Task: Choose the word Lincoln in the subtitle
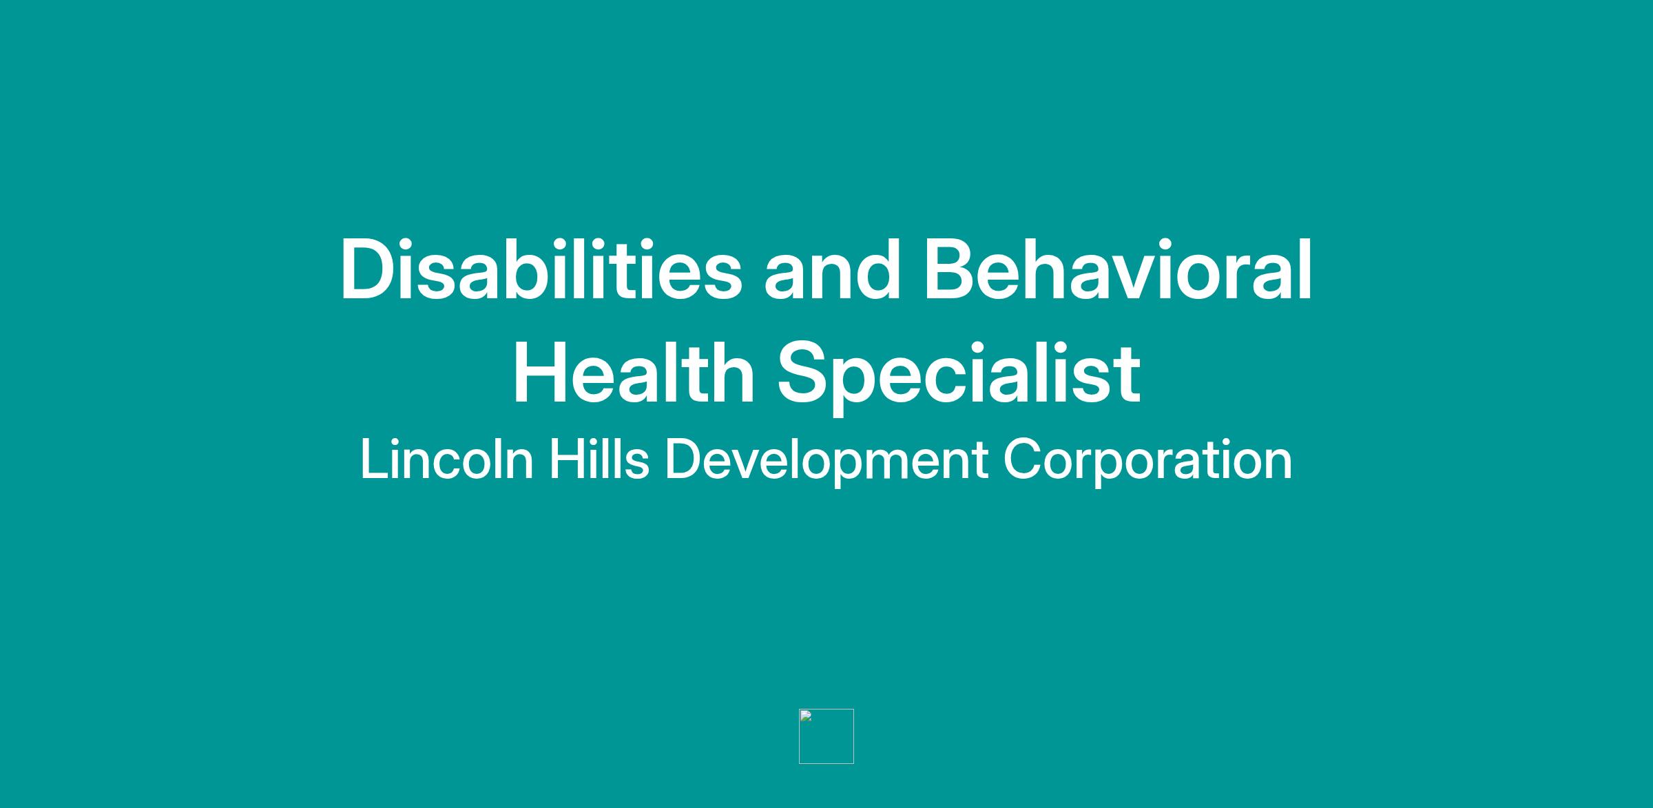click(x=447, y=459)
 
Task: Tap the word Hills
click(x=599, y=459)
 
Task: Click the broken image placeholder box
click(x=826, y=736)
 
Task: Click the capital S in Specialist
click(x=805, y=373)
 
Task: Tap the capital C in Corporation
click(x=1023, y=459)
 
